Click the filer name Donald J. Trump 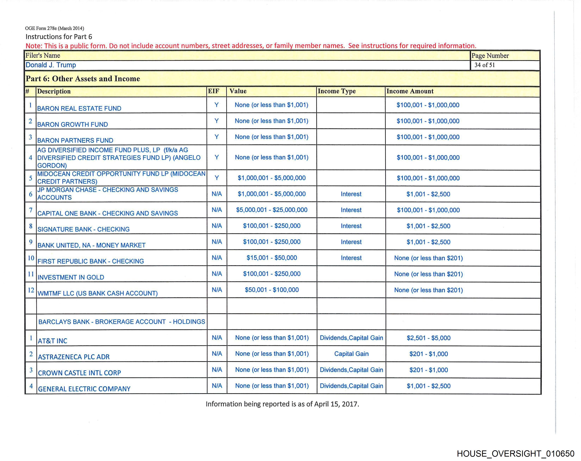tap(51, 65)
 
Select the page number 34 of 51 tap(484, 65)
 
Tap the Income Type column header tap(337, 91)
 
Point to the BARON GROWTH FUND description tap(73, 124)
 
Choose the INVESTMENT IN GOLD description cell tap(71, 277)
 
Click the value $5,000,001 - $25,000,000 tap(272, 210)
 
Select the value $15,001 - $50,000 tap(272, 258)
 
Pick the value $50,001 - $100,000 tap(272, 290)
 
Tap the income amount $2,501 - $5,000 tap(429, 338)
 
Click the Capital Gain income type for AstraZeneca tap(351, 354)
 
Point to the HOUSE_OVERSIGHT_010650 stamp tap(516, 454)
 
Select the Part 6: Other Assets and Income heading tap(83, 79)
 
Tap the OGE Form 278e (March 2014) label tap(54, 28)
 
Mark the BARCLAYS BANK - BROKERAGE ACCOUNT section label tap(121, 322)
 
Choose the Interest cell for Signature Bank tap(351, 226)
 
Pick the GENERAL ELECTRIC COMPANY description tap(84, 389)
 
